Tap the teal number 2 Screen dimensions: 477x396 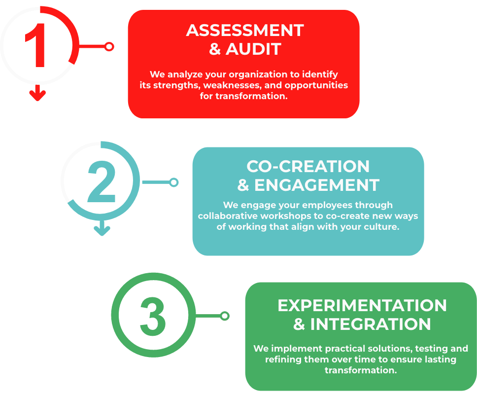pyautogui.click(x=102, y=181)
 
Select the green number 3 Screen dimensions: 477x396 pyautogui.click(x=153, y=317)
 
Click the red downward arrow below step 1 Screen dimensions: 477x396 pyautogui.click(x=37, y=93)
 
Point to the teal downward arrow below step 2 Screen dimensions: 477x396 pyautogui.click(x=102, y=228)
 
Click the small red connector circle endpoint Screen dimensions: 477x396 pyautogui.click(x=109, y=46)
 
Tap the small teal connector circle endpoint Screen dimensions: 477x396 pyautogui.click(x=174, y=182)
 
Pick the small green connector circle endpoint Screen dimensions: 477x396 pyautogui.click(x=225, y=316)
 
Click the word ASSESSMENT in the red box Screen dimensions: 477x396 pyautogui.click(x=245, y=31)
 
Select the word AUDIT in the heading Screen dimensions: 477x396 pyautogui.click(x=253, y=49)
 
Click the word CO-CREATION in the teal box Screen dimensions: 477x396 pyautogui.click(x=308, y=167)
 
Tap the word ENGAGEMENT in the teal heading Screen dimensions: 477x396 pyautogui.click(x=317, y=185)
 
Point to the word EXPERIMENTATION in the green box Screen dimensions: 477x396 pyautogui.click(x=362, y=306)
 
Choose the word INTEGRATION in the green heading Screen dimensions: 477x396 pyautogui.click(x=370, y=324)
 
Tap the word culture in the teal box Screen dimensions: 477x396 pyautogui.click(x=383, y=227)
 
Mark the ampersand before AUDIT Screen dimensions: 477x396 pyautogui.click(x=215, y=49)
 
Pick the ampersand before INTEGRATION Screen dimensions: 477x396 pyautogui.click(x=299, y=324)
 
